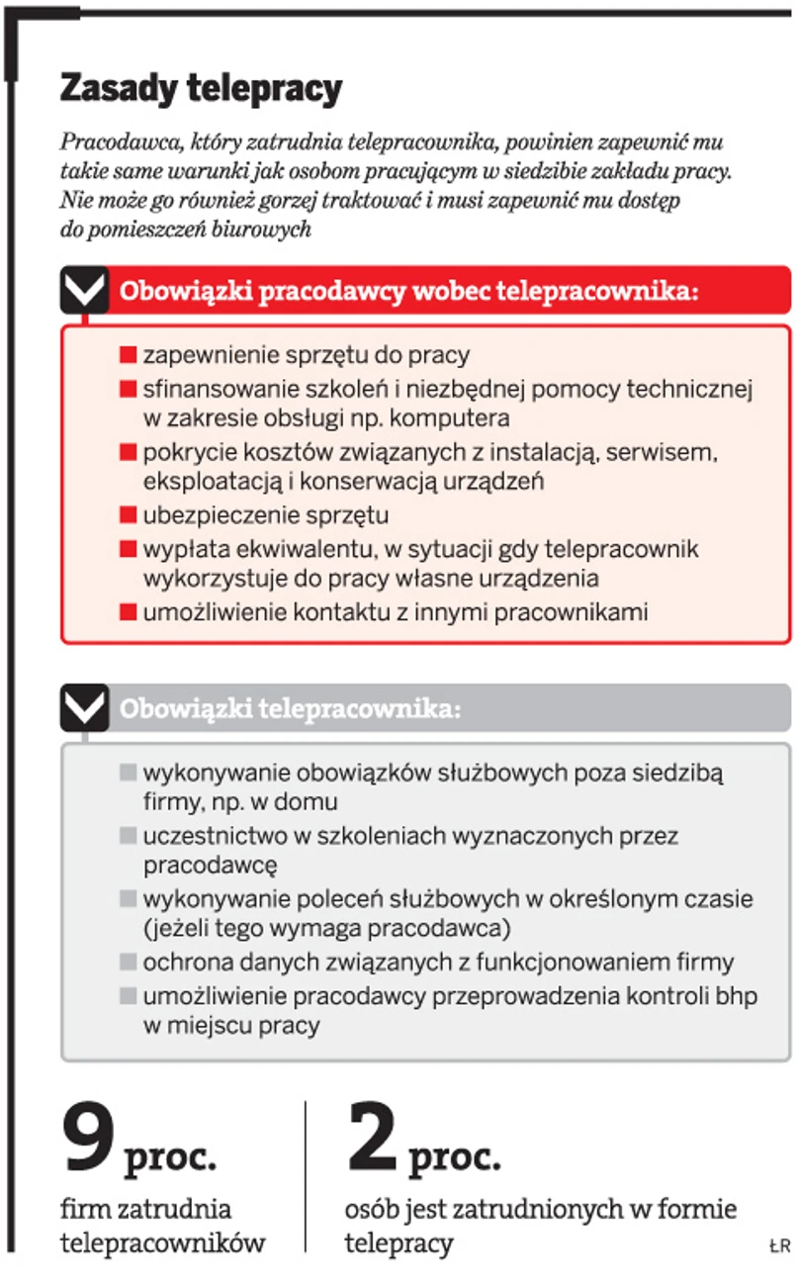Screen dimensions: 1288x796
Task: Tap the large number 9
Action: [x=89, y=1140]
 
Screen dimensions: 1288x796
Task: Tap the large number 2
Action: [x=372, y=1140]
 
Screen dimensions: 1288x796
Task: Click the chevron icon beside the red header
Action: [x=84, y=291]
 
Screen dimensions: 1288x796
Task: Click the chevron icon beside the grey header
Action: [x=84, y=708]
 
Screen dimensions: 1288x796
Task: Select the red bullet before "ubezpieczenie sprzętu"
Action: [x=128, y=515]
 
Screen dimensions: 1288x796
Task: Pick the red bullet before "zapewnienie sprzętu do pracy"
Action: [x=128, y=354]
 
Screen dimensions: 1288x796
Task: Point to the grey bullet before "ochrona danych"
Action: [x=128, y=962]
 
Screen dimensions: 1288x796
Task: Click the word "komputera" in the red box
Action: [x=457, y=418]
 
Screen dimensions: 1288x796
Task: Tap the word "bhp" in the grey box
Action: [x=735, y=995]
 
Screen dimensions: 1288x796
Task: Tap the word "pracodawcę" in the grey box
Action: [x=210, y=866]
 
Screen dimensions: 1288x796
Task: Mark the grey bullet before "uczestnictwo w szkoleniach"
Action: [x=128, y=836]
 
